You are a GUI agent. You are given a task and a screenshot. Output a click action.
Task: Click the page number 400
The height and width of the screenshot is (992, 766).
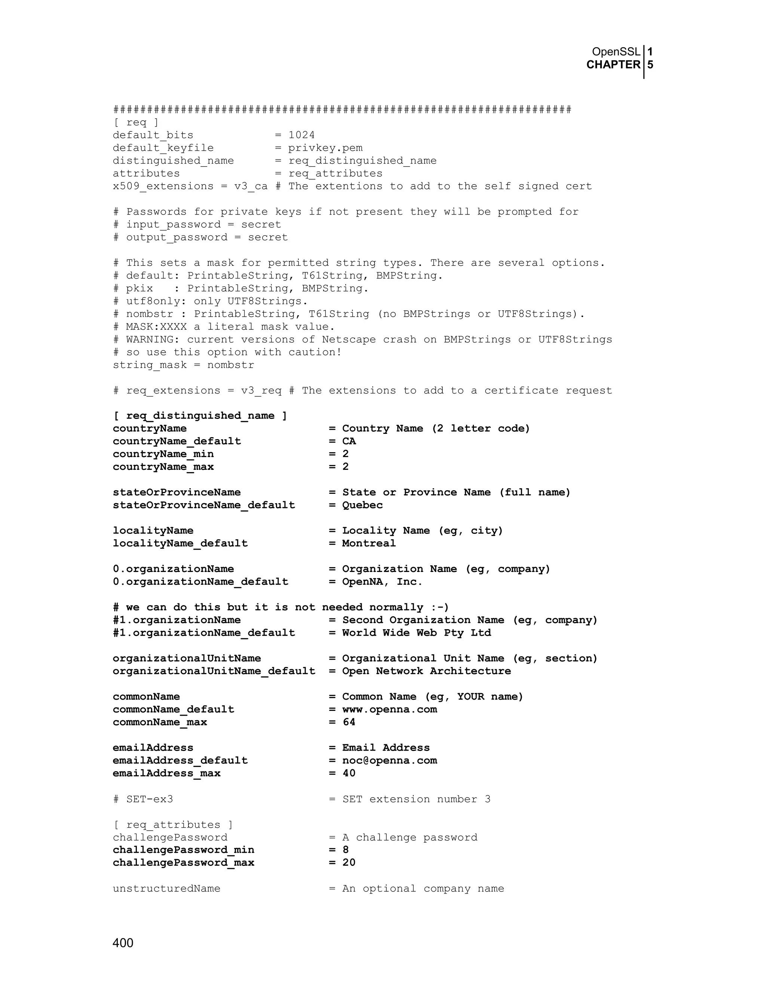pyautogui.click(x=123, y=943)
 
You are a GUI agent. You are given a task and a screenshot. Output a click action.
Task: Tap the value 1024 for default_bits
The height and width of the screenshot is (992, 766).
pyautogui.click(x=301, y=135)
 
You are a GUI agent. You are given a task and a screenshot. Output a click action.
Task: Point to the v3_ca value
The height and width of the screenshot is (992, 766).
pyautogui.click(x=251, y=186)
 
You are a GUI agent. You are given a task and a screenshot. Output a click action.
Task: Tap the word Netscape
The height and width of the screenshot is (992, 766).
pyautogui.click(x=349, y=339)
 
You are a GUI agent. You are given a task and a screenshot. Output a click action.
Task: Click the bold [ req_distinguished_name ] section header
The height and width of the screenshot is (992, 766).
pyautogui.click(x=200, y=416)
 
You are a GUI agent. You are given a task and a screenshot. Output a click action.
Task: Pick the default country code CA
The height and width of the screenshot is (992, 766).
pyautogui.click(x=349, y=441)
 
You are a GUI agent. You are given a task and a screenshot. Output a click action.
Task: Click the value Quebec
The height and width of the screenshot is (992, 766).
pyautogui.click(x=362, y=505)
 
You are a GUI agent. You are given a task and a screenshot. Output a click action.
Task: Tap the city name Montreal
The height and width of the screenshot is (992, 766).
pyautogui.click(x=368, y=543)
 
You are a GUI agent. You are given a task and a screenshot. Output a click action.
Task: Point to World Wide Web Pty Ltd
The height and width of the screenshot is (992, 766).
pyautogui.click(x=416, y=633)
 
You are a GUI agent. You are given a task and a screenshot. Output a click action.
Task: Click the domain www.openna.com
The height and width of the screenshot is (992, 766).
pyautogui.click(x=389, y=709)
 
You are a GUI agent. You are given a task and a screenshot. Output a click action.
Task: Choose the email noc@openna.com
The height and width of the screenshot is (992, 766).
pyautogui.click(x=389, y=760)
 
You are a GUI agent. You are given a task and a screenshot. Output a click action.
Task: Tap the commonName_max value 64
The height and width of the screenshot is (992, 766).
pyautogui.click(x=349, y=722)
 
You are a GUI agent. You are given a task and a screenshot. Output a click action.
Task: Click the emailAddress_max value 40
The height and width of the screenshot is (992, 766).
pyautogui.click(x=349, y=773)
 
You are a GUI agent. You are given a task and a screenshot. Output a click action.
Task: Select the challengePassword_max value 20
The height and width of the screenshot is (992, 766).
pyautogui.click(x=349, y=862)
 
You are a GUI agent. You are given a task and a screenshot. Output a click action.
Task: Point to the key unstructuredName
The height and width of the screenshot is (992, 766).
pyautogui.click(x=166, y=888)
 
